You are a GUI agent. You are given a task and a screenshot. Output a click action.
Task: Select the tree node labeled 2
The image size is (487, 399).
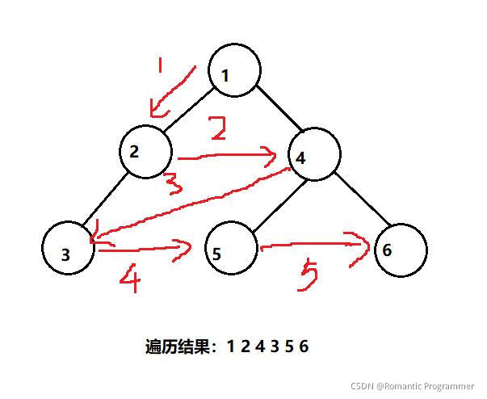pyautogui.click(x=146, y=150)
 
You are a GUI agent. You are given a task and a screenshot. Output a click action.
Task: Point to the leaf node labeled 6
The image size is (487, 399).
pyautogui.click(x=399, y=250)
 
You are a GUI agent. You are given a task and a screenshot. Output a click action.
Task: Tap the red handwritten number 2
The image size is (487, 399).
pyautogui.click(x=216, y=129)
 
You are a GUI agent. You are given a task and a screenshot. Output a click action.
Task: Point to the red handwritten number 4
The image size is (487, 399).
pyautogui.click(x=131, y=280)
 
